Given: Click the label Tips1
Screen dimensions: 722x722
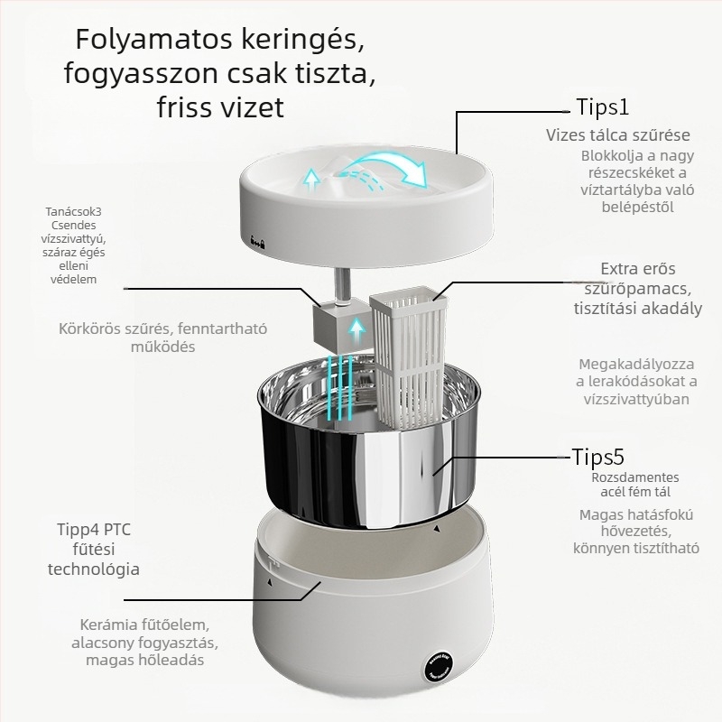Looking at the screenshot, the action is [602, 106].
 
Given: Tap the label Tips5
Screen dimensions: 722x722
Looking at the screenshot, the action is [598, 457].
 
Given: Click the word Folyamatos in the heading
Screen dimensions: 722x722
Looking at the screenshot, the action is [153, 40].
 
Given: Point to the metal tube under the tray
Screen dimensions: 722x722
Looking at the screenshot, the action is [342, 285].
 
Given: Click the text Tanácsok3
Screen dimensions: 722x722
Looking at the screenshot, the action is [73, 212].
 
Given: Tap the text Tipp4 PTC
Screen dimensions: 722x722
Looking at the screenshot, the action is [94, 530].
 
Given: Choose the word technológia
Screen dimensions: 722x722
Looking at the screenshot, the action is [94, 569].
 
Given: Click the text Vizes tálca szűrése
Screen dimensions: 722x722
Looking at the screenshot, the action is [618, 135].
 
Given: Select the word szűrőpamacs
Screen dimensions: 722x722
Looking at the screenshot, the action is [638, 289].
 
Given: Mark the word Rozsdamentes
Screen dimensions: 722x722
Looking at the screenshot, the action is [635, 477].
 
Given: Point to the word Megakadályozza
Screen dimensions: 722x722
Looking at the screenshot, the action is [636, 365].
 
